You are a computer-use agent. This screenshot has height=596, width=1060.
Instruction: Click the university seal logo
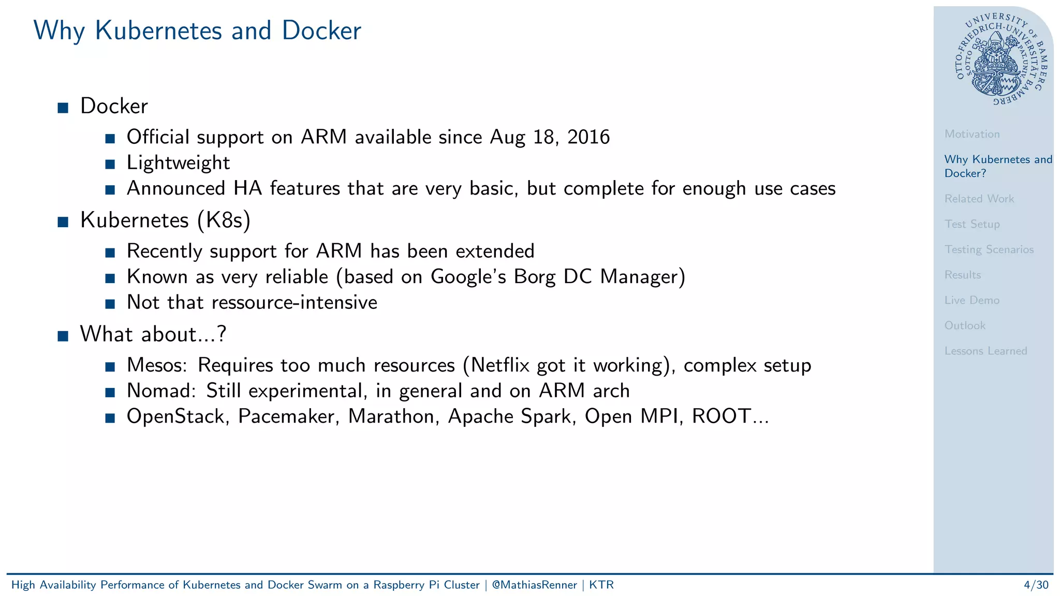(999, 58)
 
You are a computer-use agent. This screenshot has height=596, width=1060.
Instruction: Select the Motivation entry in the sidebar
(971, 134)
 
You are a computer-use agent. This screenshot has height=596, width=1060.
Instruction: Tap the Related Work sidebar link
(979, 199)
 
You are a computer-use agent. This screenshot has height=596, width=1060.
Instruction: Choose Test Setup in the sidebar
(971, 224)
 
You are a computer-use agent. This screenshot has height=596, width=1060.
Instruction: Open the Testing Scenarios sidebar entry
(989, 249)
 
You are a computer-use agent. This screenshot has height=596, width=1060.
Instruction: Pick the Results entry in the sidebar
(962, 275)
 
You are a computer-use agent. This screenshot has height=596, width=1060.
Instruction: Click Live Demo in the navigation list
(971, 300)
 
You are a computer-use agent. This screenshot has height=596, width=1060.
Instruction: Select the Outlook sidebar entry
(964, 325)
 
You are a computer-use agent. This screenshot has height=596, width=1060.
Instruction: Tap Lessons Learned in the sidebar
(985, 351)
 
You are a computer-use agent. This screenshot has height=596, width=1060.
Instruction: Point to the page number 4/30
(1036, 585)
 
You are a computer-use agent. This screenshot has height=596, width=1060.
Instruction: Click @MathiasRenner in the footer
(534, 585)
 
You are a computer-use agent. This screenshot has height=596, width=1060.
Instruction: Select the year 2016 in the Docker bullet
(588, 137)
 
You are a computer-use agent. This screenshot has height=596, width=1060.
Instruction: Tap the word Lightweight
(178, 163)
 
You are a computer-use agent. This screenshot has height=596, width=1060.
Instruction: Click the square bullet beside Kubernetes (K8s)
(63, 222)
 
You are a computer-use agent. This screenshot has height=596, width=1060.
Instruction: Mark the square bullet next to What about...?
(63, 336)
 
